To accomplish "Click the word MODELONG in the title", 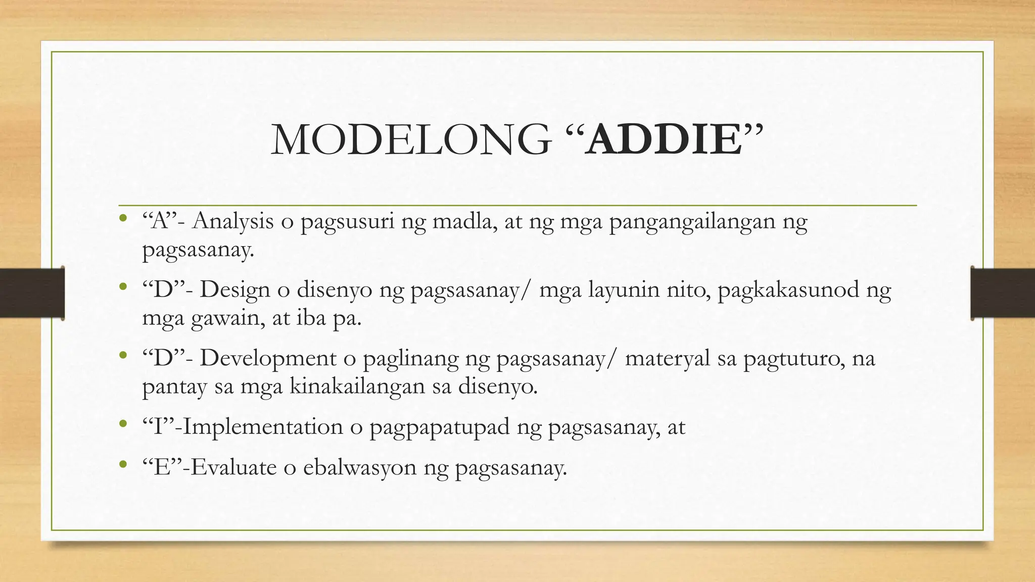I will (x=410, y=140).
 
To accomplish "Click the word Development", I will (x=268, y=359).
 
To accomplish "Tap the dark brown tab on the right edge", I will (x=1003, y=293).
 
